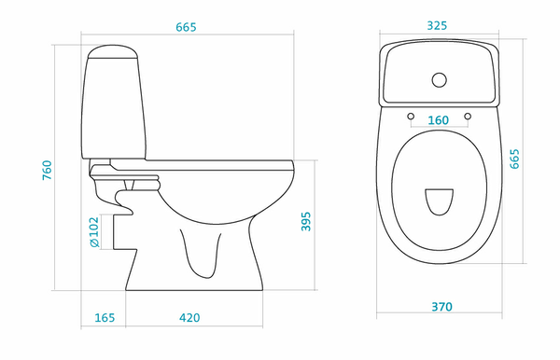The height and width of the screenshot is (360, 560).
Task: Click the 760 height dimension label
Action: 48,170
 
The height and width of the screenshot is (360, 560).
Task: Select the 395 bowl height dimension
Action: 306,222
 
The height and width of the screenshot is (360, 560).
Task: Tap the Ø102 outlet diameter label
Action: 94,232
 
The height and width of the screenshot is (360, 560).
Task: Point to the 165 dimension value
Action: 105,317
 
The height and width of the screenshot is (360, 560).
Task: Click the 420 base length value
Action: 189,317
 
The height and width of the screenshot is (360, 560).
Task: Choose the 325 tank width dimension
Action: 437,26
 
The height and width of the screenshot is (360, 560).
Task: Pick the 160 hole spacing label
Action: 439,120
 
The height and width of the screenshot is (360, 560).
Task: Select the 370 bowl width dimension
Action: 441,307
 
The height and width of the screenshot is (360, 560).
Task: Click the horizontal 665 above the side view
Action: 186,27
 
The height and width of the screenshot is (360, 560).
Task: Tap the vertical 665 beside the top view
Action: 514,159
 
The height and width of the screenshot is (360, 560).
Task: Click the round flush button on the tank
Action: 440,80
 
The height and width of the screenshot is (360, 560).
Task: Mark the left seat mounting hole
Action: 411,117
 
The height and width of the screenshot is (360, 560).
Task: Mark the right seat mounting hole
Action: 468,117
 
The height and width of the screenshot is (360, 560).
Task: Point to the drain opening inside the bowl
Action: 440,202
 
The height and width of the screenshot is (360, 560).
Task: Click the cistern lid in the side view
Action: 113,51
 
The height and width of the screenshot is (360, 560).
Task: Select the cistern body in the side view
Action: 114,108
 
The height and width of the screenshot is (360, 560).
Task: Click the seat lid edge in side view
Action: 202,165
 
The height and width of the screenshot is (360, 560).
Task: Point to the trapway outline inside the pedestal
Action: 201,254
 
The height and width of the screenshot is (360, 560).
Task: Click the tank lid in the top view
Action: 440,73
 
